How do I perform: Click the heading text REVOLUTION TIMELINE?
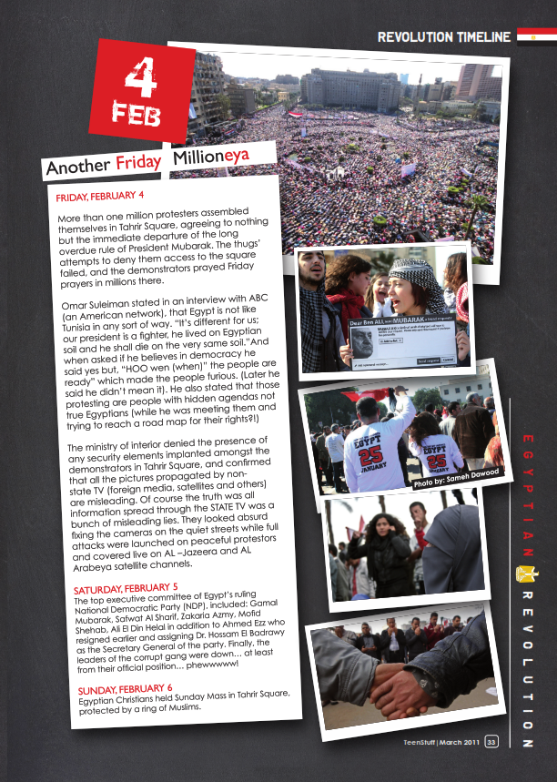(444, 37)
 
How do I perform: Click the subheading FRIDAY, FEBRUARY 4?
(100, 197)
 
